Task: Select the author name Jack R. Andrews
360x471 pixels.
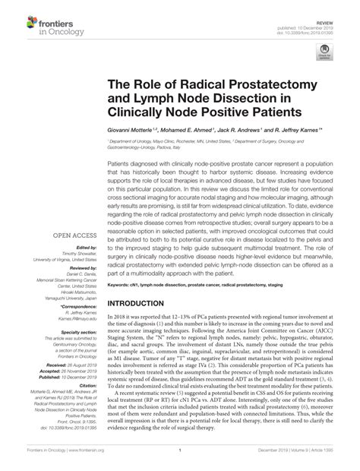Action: (x=251, y=131)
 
